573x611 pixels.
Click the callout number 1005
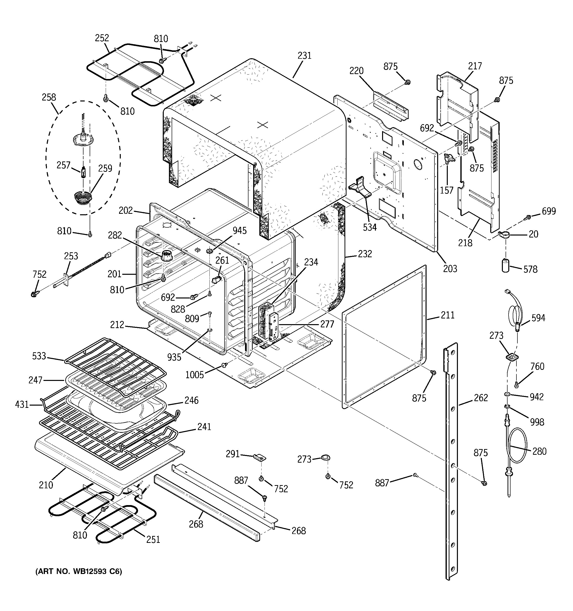click(x=194, y=375)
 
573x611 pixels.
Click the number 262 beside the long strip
click(x=481, y=398)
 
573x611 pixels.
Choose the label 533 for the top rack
click(x=39, y=356)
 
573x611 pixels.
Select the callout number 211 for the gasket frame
click(x=447, y=315)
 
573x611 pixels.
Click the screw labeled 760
click(x=517, y=384)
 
